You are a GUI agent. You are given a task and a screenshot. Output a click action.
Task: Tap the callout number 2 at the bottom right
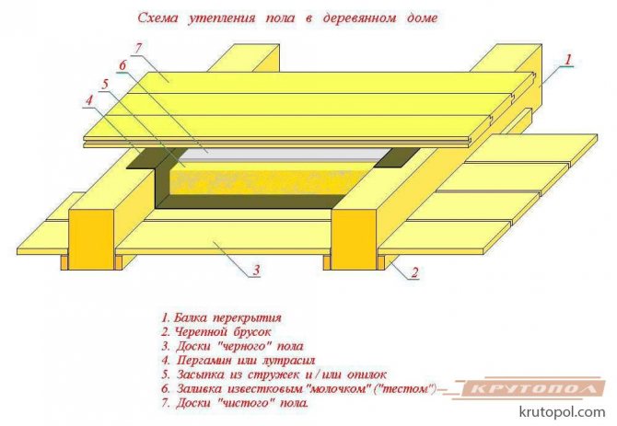415,272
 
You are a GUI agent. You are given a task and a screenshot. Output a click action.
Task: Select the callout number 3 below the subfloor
256,271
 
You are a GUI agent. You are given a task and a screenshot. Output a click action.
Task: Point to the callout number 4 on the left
89,99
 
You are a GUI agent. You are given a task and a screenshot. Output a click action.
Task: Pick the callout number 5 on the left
106,82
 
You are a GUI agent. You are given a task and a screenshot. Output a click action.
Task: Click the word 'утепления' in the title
215,17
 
